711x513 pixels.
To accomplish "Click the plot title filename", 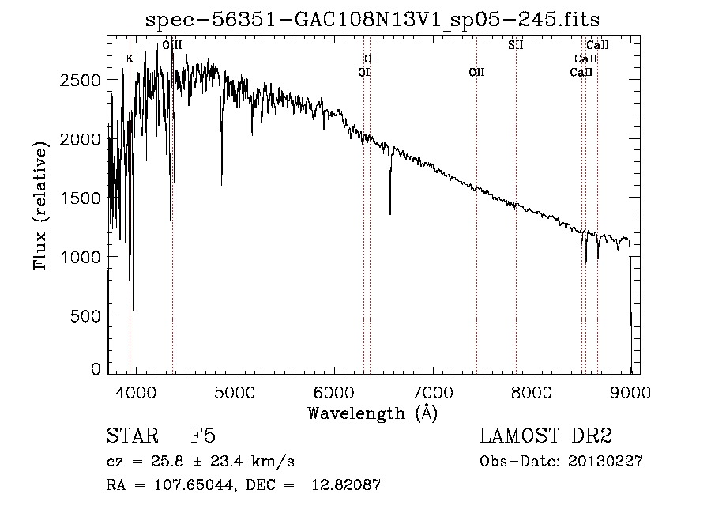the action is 372,20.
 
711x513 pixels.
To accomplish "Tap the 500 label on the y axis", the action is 85,315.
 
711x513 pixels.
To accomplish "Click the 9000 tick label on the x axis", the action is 630,392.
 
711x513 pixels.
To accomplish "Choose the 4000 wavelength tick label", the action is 136,392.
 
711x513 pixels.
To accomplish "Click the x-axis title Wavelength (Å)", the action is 373,413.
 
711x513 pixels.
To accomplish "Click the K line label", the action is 130,59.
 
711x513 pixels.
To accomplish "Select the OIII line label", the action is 172,45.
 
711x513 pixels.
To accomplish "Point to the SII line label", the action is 516,45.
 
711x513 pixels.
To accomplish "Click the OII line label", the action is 476,73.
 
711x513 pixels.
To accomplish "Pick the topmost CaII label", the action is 597,45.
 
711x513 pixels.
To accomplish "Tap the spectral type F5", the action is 203,436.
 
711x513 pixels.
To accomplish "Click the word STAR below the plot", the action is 133,436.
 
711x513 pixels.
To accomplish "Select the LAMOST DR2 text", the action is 546,436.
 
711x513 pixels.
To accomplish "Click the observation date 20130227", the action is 605,462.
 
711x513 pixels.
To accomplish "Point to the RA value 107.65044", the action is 194,485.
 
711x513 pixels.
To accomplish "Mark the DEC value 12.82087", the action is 346,485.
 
